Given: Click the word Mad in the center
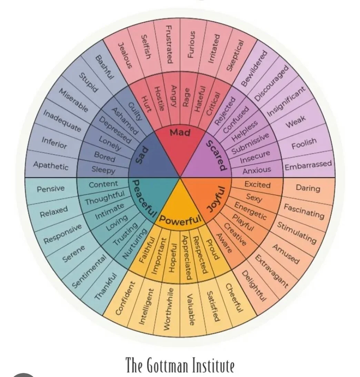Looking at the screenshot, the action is pyautogui.click(x=180, y=132).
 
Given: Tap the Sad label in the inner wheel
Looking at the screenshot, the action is pyautogui.click(x=143, y=155).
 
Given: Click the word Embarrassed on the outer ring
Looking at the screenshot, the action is pyautogui.click(x=308, y=165).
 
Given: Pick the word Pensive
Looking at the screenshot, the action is pyautogui.click(x=51, y=188).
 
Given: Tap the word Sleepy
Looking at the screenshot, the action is pyautogui.click(x=103, y=170).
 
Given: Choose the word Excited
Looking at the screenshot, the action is pyautogui.click(x=257, y=184).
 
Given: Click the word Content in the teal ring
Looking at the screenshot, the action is pyautogui.click(x=103, y=184).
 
